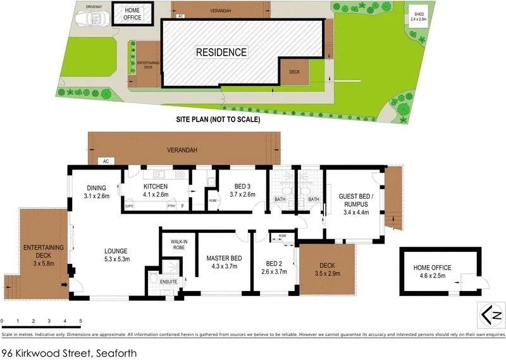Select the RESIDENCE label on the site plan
point(221,52)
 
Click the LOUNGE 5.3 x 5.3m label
point(116,255)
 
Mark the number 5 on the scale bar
point(81,322)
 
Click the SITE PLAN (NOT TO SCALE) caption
point(218,119)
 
